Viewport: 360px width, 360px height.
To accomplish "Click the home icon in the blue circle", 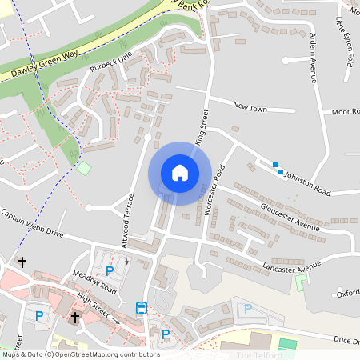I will pos(180,173).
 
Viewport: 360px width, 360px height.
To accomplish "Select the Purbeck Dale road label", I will pos(109,62).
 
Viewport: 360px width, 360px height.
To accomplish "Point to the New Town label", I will pos(249,106).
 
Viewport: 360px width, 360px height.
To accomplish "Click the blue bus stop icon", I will pos(142,308).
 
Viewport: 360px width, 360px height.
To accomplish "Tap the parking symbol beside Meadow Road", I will pos(110,271).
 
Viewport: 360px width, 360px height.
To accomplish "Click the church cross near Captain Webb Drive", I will pos(22,262).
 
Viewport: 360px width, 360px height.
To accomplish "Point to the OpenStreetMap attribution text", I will pos(80,354).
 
